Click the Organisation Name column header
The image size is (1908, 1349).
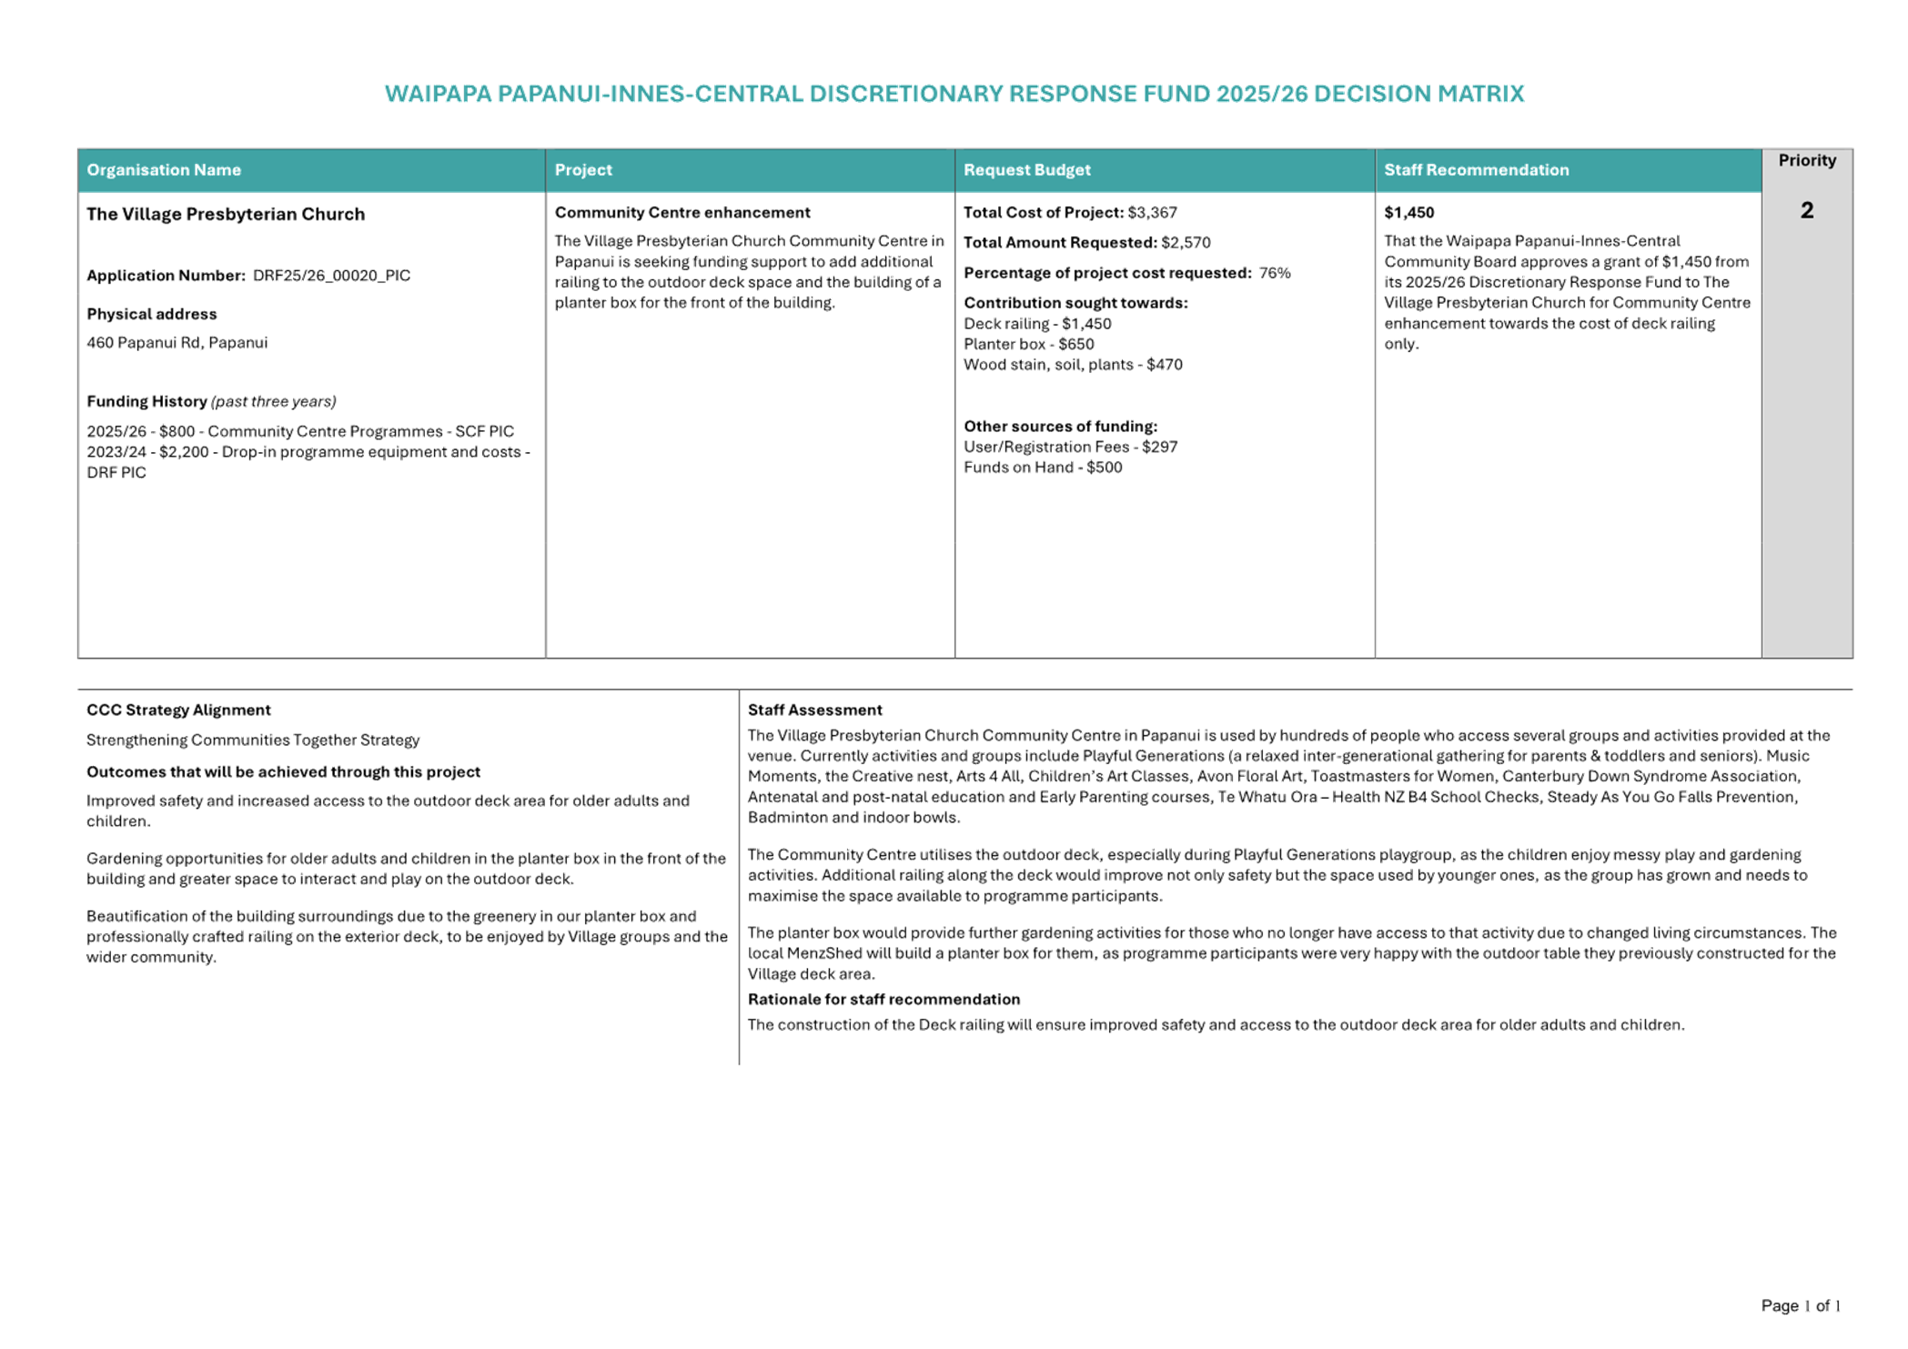[x=164, y=170]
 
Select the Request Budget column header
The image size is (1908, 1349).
[x=1026, y=170]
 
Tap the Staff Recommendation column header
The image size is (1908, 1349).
[x=1476, y=170]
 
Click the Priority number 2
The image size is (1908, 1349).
[x=1806, y=211]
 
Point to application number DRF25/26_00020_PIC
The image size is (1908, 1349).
[x=331, y=276]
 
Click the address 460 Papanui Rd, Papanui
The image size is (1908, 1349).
[x=177, y=343]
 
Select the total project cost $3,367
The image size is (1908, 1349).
[x=1152, y=213]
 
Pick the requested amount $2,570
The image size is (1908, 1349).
[x=1186, y=243]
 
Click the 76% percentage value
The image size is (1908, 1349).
[x=1275, y=273]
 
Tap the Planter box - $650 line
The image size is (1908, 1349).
[x=1028, y=345]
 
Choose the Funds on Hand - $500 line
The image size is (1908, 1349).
[x=1043, y=468]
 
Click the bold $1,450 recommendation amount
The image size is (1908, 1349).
[x=1408, y=213]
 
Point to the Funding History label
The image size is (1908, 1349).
[x=146, y=401]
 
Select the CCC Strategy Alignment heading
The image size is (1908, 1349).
[x=178, y=710]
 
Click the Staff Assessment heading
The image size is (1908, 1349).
[x=814, y=710]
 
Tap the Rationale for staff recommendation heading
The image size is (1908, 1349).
[x=883, y=1000]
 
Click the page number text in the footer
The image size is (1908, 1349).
[x=1800, y=1306]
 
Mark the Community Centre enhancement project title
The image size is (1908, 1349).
[x=682, y=213]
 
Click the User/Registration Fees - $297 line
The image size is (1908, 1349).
[x=1070, y=448]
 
